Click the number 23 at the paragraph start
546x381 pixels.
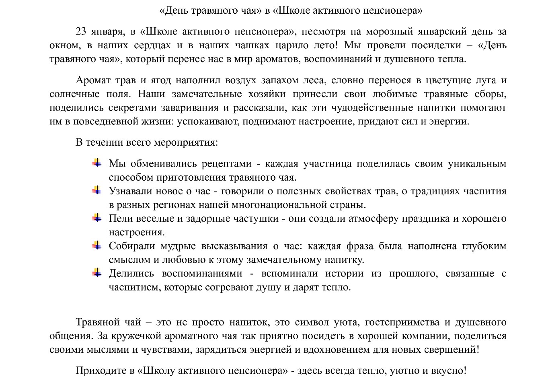[81, 32]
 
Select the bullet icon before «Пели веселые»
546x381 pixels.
[97, 218]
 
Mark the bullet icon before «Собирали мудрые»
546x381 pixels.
[97, 245]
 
